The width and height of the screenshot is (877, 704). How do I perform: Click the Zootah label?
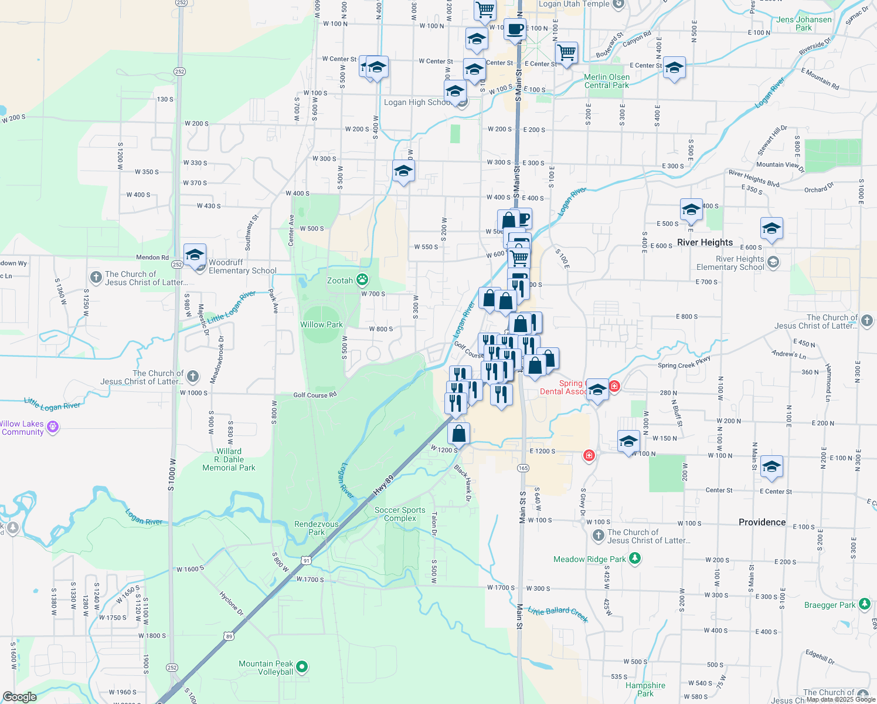click(x=340, y=280)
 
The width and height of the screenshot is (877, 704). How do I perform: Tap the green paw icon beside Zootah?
click(x=363, y=280)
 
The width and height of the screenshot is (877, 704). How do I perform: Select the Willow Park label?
click(x=321, y=324)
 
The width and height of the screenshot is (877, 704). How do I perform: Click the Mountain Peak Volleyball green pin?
click(x=302, y=666)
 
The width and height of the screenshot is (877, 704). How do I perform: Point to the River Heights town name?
click(x=705, y=242)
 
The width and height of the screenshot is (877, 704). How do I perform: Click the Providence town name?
click(x=762, y=522)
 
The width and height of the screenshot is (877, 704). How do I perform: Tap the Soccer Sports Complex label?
click(x=400, y=514)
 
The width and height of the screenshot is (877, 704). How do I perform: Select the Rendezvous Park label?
click(x=317, y=528)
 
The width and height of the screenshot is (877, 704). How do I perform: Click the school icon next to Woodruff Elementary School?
click(x=195, y=256)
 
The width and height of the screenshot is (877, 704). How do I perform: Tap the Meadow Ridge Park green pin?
click(x=635, y=558)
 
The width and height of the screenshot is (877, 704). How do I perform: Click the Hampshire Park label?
click(x=645, y=689)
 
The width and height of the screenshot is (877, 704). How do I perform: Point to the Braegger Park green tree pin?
click(x=864, y=604)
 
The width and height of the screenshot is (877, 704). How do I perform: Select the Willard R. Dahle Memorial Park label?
click(x=229, y=459)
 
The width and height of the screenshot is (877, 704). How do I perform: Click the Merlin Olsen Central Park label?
click(x=607, y=81)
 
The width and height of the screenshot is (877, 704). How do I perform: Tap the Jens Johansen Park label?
click(x=804, y=23)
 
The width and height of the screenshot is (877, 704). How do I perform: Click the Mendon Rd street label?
click(x=152, y=257)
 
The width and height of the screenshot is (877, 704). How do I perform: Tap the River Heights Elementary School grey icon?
click(x=773, y=262)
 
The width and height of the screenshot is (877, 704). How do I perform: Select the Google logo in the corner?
click(x=20, y=696)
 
